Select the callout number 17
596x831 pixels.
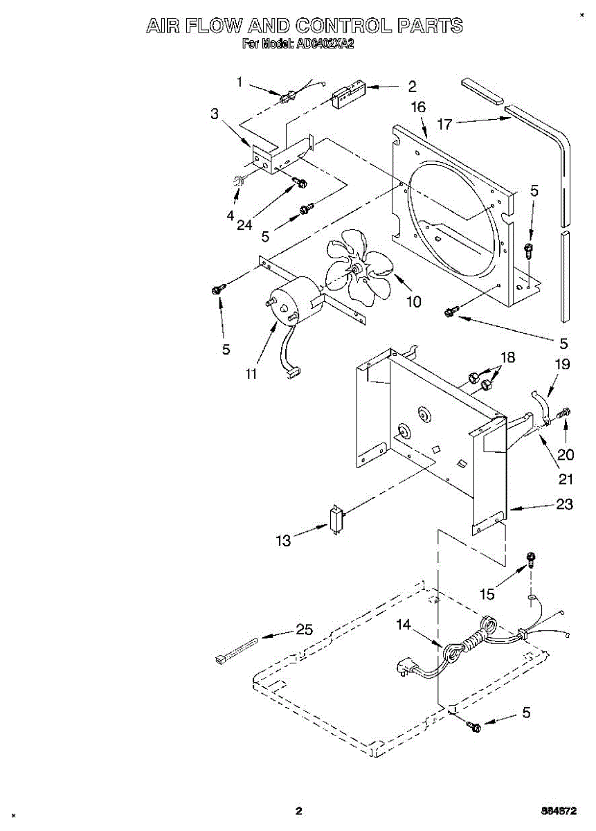point(444,125)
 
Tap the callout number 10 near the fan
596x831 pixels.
point(413,302)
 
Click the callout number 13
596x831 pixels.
point(284,541)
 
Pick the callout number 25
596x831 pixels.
point(304,630)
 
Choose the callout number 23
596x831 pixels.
point(564,505)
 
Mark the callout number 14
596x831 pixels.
point(404,625)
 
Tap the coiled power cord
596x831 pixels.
point(471,641)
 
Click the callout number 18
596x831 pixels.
point(508,357)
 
